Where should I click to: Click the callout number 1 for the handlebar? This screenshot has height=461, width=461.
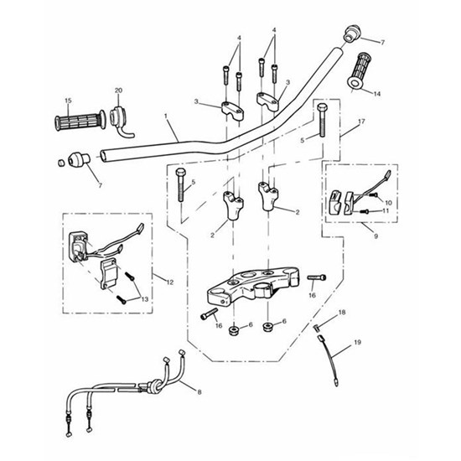coord(166,116)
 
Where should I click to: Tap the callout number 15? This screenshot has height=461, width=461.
coord(68,101)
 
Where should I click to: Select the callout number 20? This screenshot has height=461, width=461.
coord(118,91)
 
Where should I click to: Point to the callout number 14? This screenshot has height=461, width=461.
coord(377,94)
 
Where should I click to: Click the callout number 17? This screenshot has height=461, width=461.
coord(361,122)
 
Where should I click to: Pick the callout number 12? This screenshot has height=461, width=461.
coord(170,282)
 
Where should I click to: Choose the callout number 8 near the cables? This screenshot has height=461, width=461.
coord(199,392)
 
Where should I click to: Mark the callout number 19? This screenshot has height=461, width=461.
coord(358,342)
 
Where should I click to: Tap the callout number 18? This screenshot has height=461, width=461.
coord(342,313)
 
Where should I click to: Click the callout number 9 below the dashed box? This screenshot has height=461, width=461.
coord(376,236)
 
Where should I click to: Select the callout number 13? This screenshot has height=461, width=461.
coord(145,299)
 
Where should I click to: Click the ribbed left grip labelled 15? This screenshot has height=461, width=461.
coord(80,121)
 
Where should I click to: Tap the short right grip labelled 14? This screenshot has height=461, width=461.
coord(358,70)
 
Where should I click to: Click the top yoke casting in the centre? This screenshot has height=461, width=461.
coord(253,285)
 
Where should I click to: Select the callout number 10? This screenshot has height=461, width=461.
coord(388,203)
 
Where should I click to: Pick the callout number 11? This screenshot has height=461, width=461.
coord(386,210)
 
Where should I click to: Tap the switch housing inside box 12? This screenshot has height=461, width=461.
coord(77,246)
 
